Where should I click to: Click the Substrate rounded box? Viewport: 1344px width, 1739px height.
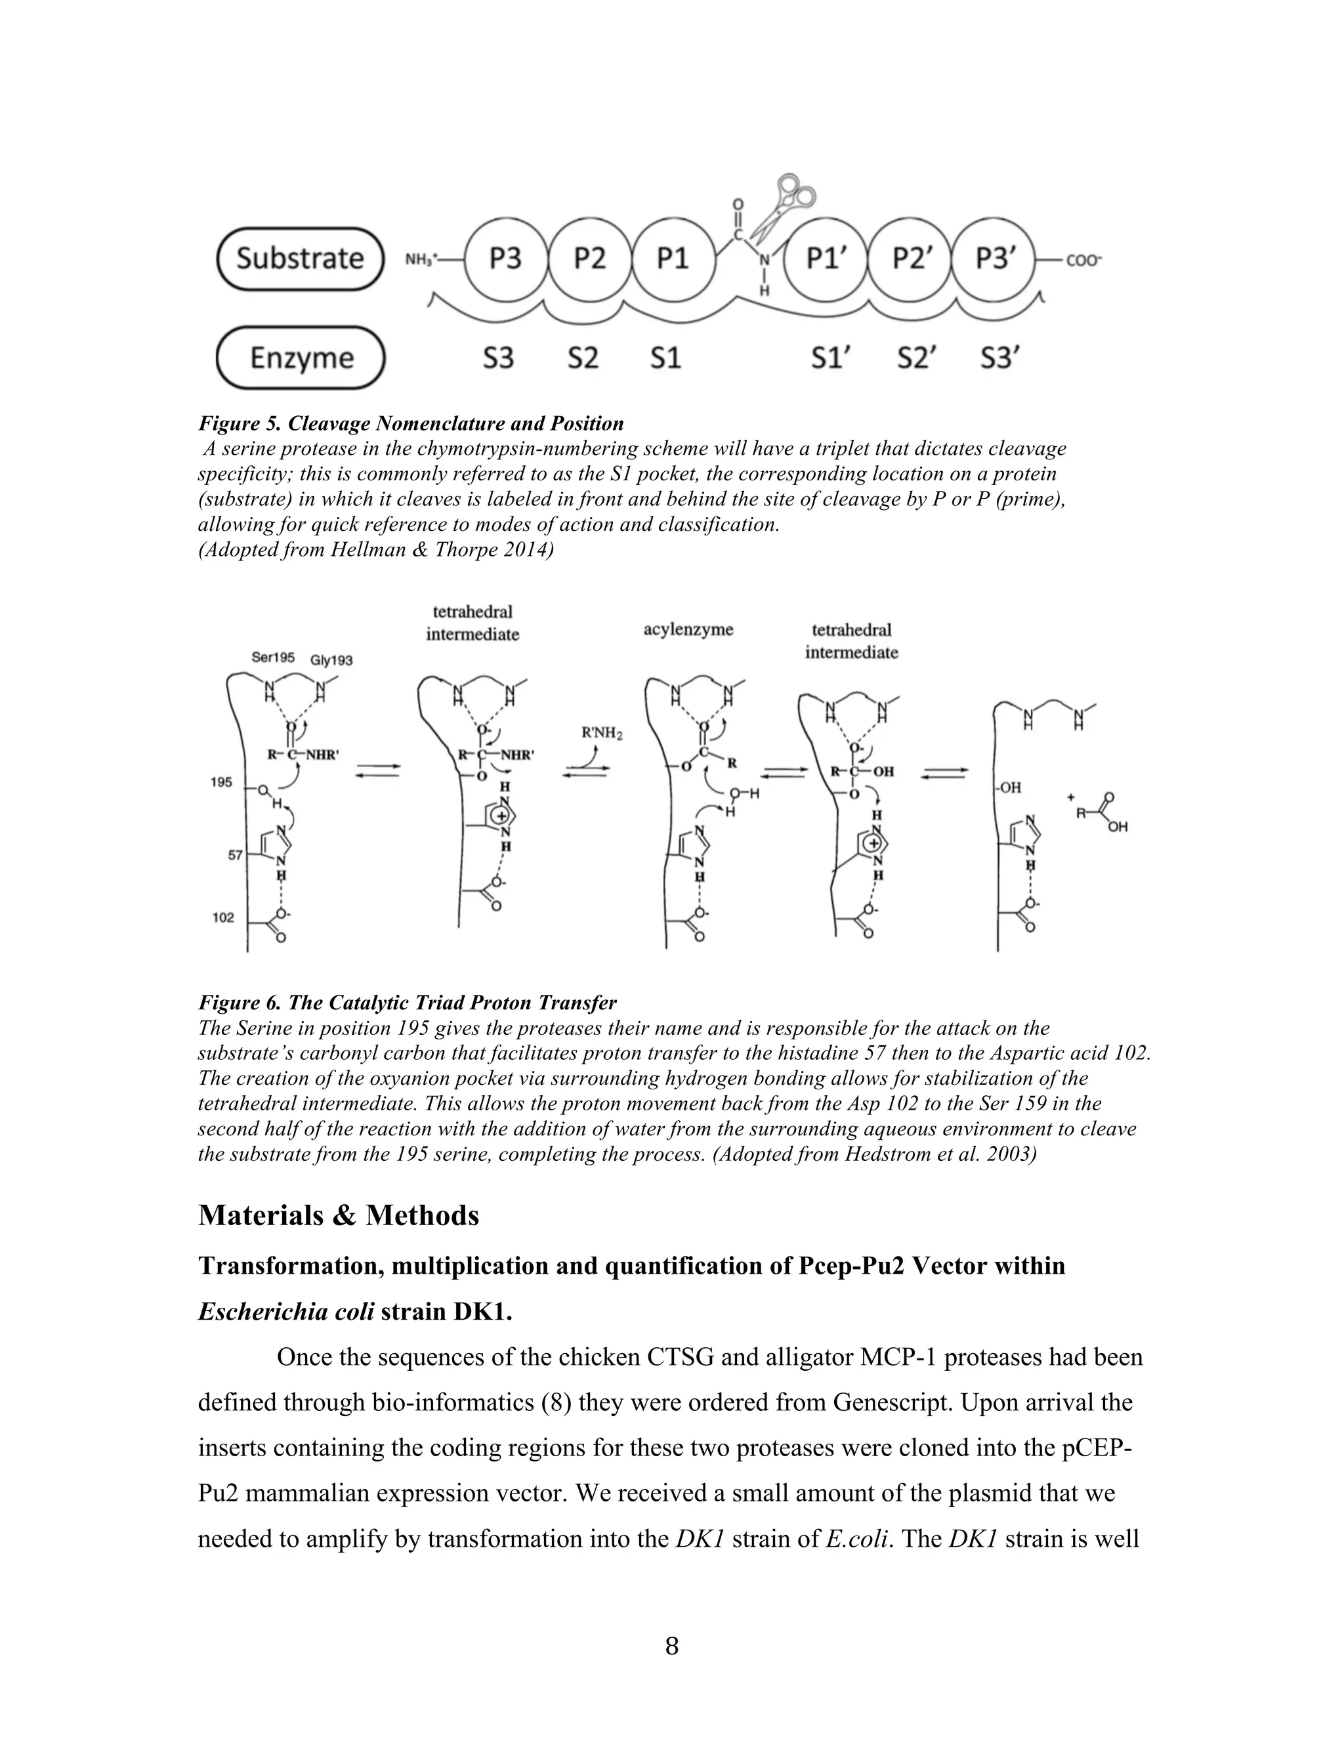(300, 259)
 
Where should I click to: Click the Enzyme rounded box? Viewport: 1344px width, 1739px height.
(300, 358)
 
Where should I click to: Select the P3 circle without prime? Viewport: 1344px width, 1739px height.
(505, 259)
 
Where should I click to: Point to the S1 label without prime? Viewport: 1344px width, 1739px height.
(665, 358)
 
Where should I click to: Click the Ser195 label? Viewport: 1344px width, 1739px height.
(272, 658)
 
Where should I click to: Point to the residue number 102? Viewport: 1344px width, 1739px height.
(223, 917)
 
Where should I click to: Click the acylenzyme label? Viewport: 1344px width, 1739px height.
(688, 630)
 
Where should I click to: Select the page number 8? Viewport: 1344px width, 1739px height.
(671, 1645)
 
